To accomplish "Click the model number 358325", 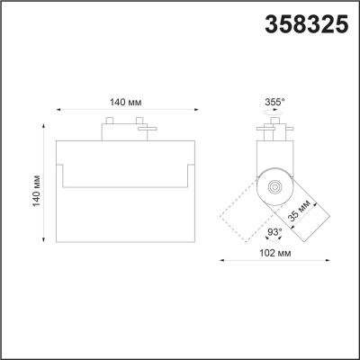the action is point(307,24).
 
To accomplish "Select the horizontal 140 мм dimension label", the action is point(126,103).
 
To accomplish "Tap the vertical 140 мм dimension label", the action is point(37,190).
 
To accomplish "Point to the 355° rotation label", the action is point(274,103).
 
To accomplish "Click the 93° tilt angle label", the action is point(274,232).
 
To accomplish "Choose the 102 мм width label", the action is point(275,253).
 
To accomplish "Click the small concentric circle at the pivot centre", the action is point(274,188).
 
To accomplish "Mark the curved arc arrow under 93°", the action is point(274,239).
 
